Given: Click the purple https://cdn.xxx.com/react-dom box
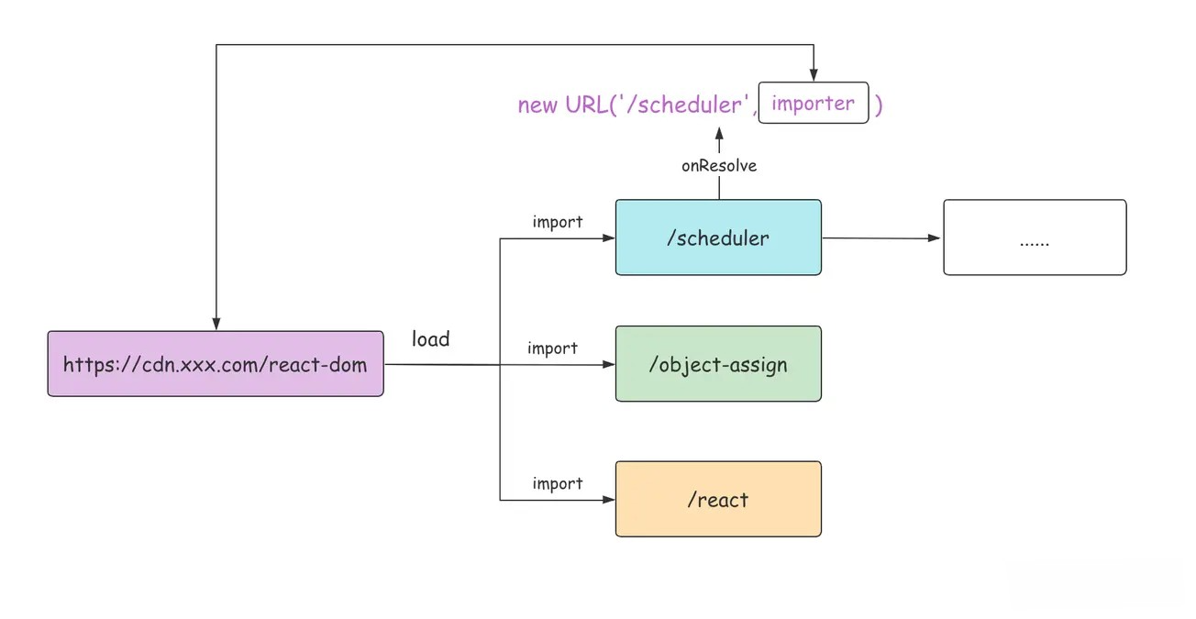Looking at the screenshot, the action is [x=216, y=363].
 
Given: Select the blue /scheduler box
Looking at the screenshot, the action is [x=718, y=238].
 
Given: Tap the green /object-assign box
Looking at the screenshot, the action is [x=718, y=363].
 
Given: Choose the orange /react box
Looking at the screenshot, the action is [x=718, y=499].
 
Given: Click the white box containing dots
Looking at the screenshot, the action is [x=1035, y=238].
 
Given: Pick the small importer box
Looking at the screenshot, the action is [x=814, y=103].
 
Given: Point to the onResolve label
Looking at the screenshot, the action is [x=719, y=166].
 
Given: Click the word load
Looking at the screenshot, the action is [x=431, y=339].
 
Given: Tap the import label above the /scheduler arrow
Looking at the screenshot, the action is [x=558, y=221].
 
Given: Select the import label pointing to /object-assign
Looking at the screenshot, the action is [x=553, y=348].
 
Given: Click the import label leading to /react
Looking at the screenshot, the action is [x=558, y=483].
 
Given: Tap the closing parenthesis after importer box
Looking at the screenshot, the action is [x=879, y=105].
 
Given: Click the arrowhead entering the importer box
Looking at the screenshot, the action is [x=814, y=74].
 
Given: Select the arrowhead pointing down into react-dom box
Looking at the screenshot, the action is [x=216, y=324].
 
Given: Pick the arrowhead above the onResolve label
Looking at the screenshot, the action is [x=719, y=134].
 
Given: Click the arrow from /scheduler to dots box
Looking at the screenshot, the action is [x=881, y=238].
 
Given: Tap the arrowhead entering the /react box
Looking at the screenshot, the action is [x=608, y=500].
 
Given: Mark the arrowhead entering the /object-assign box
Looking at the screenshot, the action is [x=608, y=364].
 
